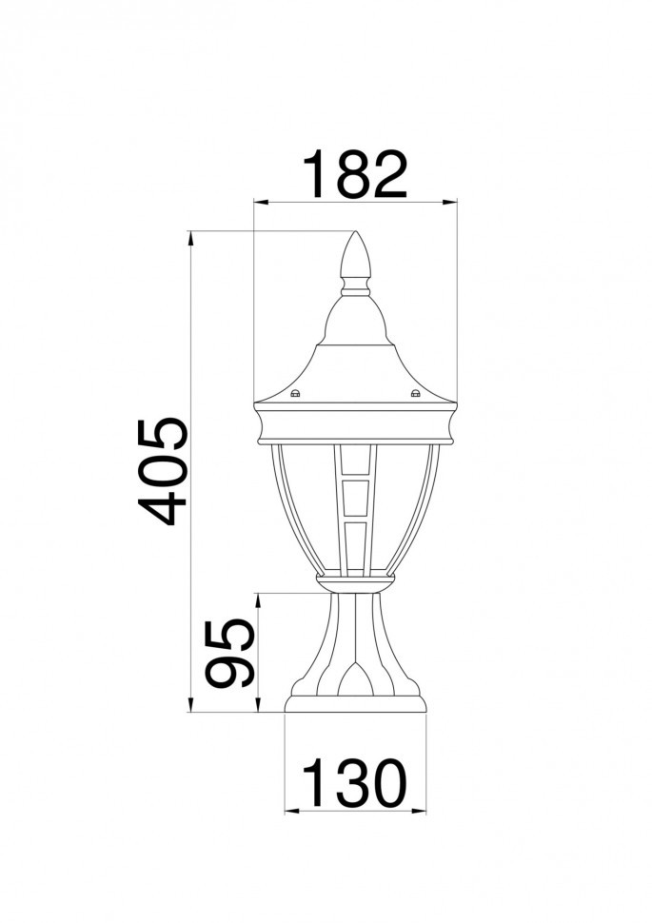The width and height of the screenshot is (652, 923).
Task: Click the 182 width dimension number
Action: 354,174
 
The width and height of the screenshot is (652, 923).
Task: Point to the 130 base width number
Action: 354,784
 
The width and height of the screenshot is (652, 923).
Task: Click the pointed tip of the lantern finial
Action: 356,233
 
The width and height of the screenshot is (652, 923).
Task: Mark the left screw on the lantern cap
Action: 295,393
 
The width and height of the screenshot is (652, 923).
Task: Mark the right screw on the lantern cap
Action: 415,393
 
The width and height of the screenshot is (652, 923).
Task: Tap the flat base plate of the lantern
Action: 355,704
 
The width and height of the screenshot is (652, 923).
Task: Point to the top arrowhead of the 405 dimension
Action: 191,236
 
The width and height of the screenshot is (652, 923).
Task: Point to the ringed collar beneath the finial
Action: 355,284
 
